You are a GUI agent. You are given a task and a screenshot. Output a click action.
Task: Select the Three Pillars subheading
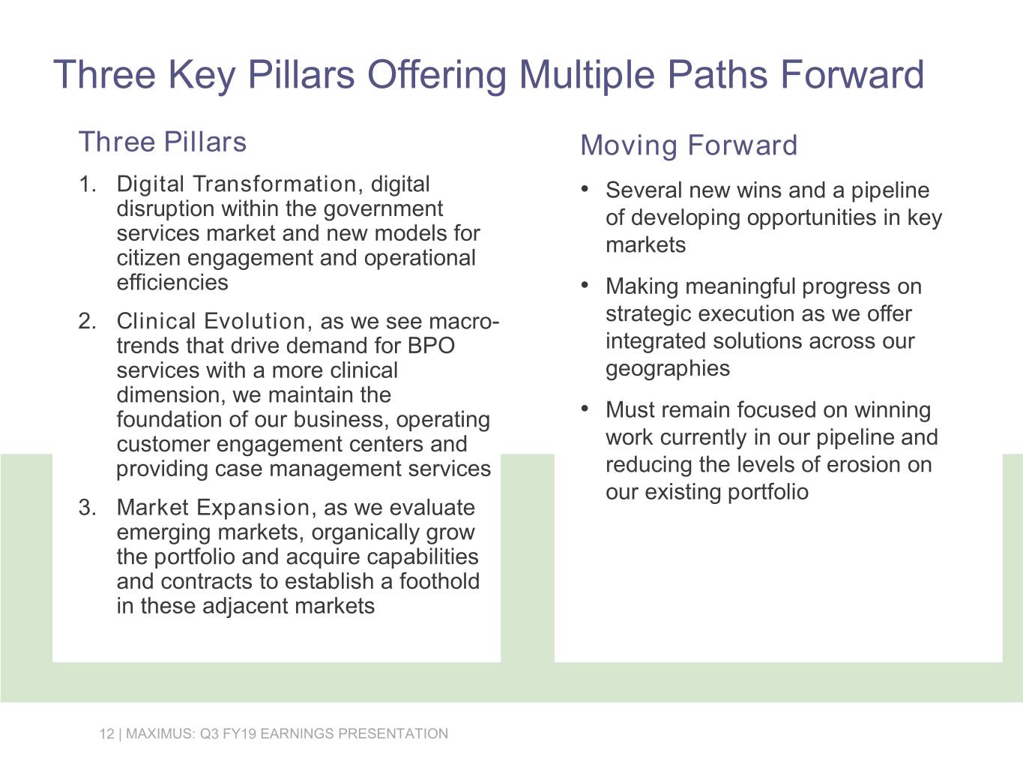pos(163,142)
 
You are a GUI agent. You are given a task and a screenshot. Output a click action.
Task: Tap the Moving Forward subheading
pos(689,145)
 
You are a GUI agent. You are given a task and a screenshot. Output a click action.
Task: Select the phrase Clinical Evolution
pos(211,322)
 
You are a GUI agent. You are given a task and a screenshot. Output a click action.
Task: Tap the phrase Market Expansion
pos(213,508)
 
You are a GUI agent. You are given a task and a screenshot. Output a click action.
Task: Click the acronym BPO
pos(431,346)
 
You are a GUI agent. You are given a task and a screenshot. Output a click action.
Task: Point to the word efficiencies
pos(172,283)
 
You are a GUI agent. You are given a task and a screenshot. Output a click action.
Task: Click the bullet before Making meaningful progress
pos(585,284)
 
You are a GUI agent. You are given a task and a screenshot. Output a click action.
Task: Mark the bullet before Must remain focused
pos(585,408)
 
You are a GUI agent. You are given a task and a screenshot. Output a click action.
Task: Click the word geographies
pos(667,369)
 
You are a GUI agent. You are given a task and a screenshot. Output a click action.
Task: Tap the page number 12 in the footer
pos(106,733)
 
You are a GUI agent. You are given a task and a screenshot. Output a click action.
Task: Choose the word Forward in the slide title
pos(851,74)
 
